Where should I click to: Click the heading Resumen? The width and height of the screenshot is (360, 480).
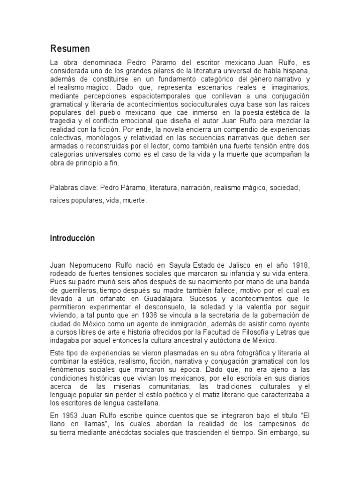click(70, 49)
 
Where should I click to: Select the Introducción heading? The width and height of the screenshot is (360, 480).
click(72, 238)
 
